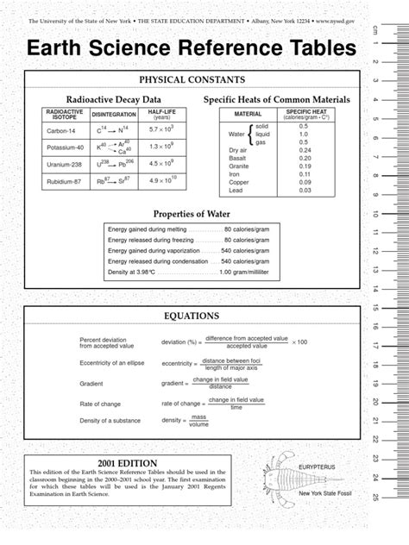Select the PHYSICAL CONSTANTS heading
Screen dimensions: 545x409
[182, 80]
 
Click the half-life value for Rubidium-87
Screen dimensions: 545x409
[159, 180]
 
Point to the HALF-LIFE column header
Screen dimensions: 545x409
[159, 115]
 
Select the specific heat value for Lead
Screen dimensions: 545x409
[304, 191]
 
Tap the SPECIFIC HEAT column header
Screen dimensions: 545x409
[304, 115]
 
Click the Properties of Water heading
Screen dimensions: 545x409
[182, 213]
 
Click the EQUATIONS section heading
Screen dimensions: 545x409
[184, 316]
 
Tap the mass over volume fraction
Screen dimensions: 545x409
[199, 422]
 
